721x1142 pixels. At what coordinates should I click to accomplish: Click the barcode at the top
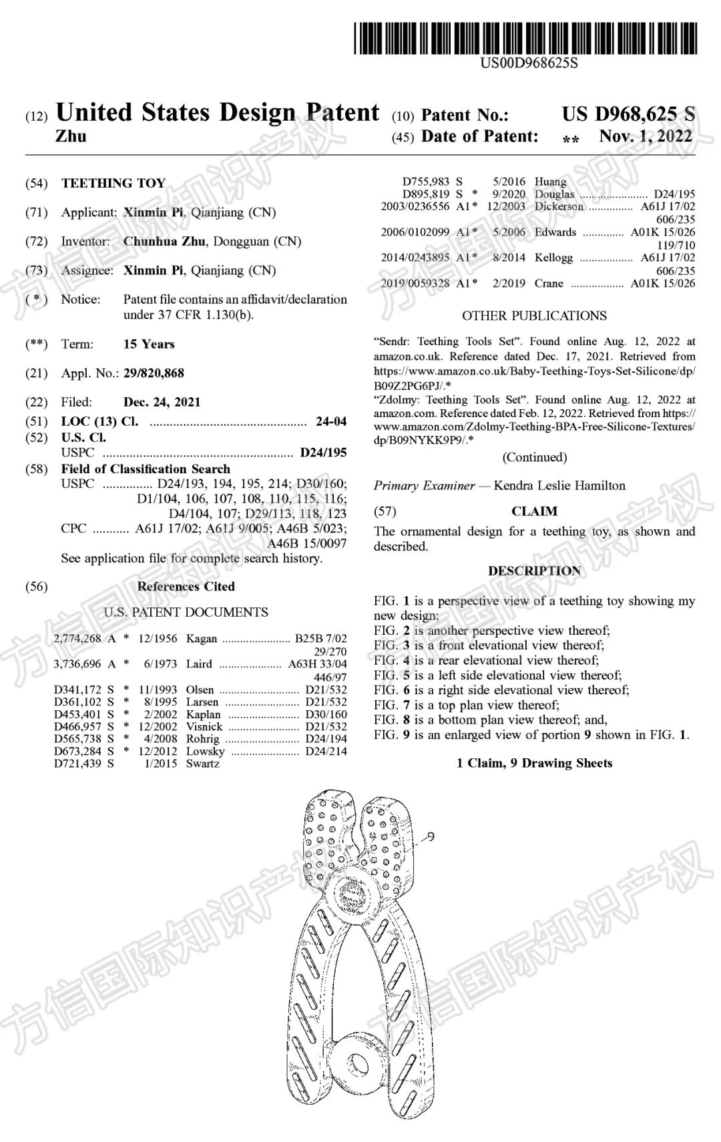525,38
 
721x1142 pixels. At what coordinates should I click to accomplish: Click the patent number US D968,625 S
628,114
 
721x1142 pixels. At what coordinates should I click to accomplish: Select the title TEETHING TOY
113,183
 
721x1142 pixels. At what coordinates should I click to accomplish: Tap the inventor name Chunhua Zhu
164,241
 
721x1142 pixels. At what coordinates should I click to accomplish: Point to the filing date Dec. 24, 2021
162,402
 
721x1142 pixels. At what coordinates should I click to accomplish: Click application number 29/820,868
154,373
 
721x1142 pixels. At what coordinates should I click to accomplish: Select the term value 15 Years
149,344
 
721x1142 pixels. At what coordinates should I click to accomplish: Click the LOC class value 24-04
330,421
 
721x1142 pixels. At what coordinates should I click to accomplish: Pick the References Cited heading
186,587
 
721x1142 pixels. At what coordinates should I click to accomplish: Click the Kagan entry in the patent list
201,638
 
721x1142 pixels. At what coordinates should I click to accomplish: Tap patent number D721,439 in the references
77,764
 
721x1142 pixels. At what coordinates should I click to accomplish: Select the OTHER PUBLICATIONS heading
534,316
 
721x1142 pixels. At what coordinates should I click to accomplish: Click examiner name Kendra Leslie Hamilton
559,485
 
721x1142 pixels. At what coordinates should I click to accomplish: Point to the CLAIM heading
534,511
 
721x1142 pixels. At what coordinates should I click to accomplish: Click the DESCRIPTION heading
534,571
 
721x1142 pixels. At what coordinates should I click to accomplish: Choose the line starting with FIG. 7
467,705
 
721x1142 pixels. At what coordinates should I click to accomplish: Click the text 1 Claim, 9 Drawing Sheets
534,763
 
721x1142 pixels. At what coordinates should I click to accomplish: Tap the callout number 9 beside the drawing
431,836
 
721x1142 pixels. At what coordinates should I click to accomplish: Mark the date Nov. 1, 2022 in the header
646,136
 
